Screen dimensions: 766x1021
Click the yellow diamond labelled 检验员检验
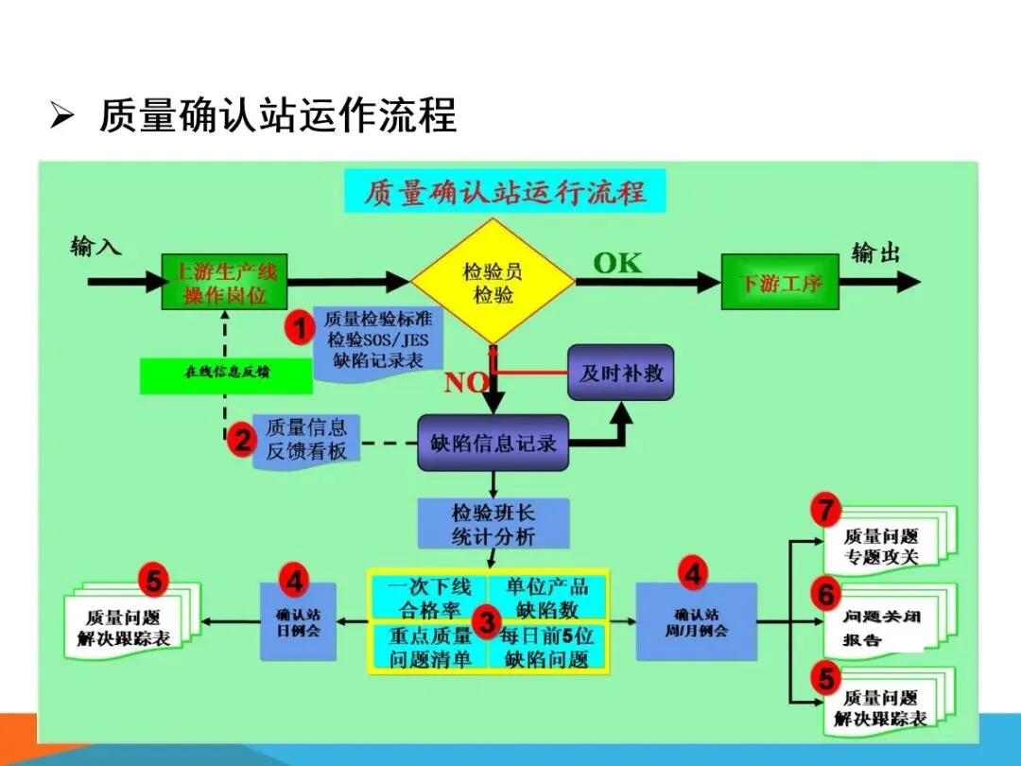pos(493,282)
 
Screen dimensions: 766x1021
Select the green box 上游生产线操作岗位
pos(223,283)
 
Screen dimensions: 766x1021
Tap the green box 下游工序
pos(780,282)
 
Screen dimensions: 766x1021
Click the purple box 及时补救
pos(620,373)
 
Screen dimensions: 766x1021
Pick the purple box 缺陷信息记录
pos(493,443)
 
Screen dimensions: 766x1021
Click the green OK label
pos(617,263)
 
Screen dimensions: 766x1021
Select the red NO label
pos(467,383)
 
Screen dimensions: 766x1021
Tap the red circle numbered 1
pos(301,329)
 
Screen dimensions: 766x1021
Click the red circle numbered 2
pos(243,440)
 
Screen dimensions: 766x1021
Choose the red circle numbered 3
pos(487,621)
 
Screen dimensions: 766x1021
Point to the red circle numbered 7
pos(826,512)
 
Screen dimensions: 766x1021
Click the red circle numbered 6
pos(826,595)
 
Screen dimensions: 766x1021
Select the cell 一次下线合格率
pos(427,596)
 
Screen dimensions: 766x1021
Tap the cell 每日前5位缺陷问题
pos(547,647)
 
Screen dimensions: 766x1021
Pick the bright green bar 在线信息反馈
pos(226,374)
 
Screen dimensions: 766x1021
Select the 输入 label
pos(96,248)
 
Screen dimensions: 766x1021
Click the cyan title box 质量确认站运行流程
pos(505,192)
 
